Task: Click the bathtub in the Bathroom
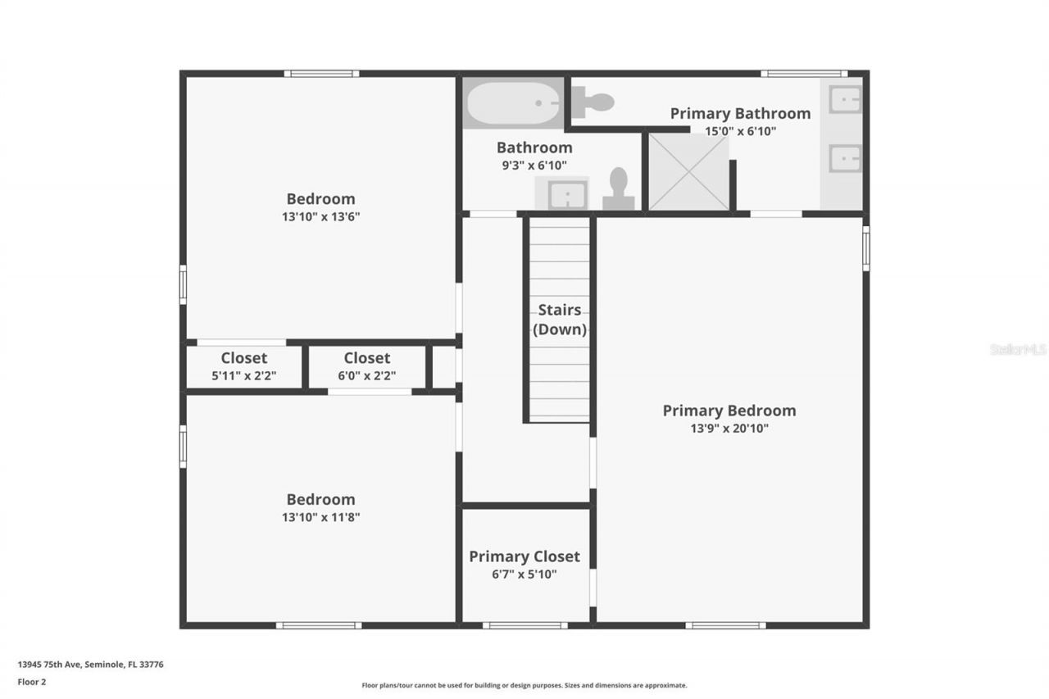click(x=513, y=102)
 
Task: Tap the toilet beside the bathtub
click(x=593, y=102)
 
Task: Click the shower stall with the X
click(x=688, y=172)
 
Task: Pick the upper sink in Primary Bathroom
click(x=844, y=99)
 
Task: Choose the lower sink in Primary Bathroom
click(x=844, y=158)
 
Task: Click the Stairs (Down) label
click(x=560, y=320)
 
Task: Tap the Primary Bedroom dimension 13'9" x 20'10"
click(x=729, y=428)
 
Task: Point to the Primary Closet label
click(x=524, y=556)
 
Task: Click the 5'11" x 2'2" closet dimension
click(x=244, y=376)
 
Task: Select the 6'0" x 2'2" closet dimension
click(x=366, y=376)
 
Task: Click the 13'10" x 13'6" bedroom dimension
click(x=320, y=217)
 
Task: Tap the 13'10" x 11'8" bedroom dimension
click(x=320, y=517)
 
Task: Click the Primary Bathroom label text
click(x=740, y=113)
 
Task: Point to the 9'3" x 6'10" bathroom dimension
click(x=534, y=166)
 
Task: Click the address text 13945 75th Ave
click(x=90, y=665)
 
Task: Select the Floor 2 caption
click(x=32, y=682)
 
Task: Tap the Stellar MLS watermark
click(x=1019, y=349)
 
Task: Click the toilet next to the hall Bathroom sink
click(x=619, y=190)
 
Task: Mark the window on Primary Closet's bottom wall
click(x=524, y=625)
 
